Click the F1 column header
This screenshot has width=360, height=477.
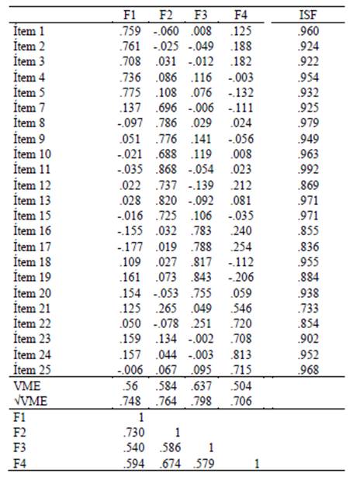(x=130, y=15)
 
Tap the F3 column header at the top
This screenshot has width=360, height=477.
(x=202, y=15)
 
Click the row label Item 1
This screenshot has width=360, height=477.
(x=29, y=31)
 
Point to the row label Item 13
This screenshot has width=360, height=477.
(x=32, y=201)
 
